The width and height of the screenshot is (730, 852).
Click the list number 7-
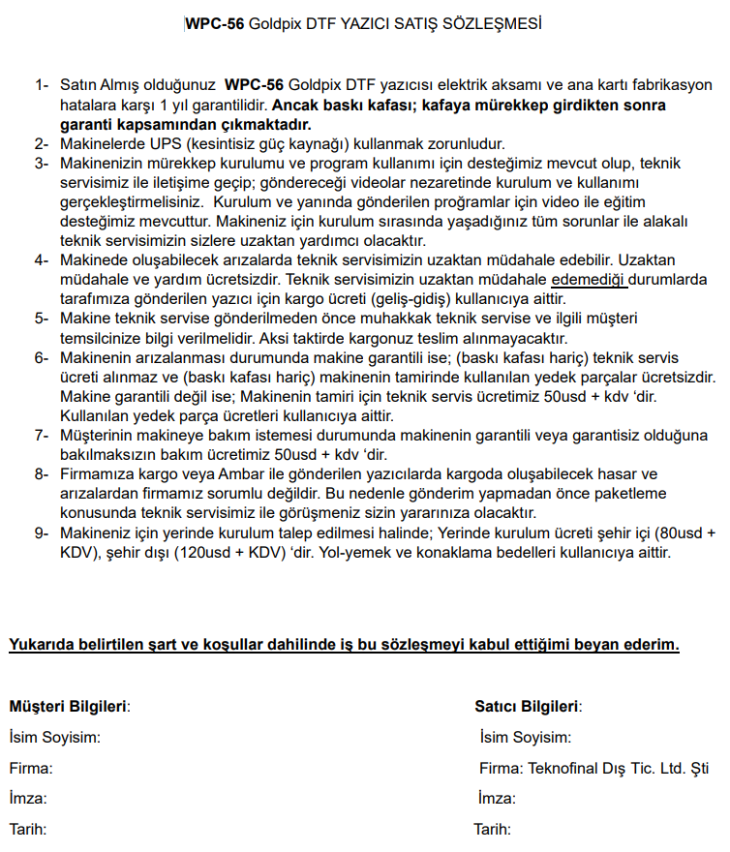coord(42,436)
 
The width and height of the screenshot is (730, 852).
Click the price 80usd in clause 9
coord(682,533)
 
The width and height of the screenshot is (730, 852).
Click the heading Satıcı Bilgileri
coord(528,707)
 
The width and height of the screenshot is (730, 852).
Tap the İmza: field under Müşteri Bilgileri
coord(28,799)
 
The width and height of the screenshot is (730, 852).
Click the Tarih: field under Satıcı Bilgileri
coord(492,830)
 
